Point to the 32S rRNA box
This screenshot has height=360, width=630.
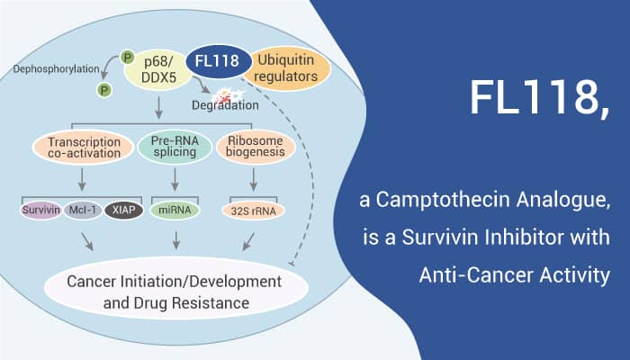[x=251, y=211]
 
